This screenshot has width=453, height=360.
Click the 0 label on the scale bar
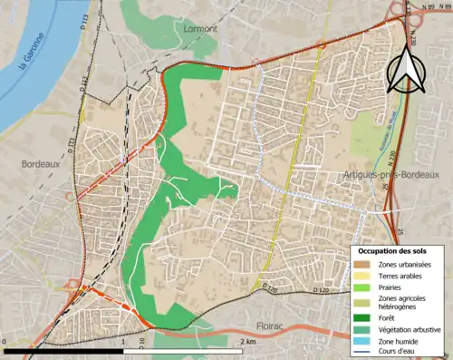click(8, 342)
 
